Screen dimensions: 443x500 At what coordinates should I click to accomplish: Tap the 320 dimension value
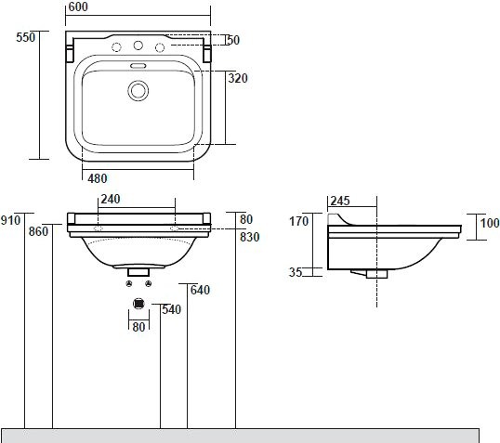(238, 79)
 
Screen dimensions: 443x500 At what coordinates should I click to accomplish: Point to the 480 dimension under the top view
(98, 177)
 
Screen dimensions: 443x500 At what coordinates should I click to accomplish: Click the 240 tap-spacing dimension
(112, 199)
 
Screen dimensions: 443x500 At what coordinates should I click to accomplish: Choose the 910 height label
(11, 220)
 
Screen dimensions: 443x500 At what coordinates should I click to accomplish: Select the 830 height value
(249, 237)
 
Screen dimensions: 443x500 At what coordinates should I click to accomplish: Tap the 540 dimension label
(171, 308)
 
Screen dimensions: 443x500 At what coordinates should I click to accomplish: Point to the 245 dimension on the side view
(339, 200)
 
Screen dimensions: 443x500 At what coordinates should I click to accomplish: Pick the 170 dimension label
(298, 221)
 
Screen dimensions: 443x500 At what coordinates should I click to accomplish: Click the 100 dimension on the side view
(489, 222)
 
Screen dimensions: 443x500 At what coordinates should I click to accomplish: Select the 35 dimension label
(295, 272)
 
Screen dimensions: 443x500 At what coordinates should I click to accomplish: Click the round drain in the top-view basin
(138, 90)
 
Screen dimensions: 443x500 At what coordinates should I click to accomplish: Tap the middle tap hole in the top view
(138, 46)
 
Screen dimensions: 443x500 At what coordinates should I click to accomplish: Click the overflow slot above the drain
(138, 67)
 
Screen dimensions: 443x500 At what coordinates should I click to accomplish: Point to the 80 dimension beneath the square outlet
(138, 326)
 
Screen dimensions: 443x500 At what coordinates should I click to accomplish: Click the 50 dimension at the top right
(232, 41)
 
